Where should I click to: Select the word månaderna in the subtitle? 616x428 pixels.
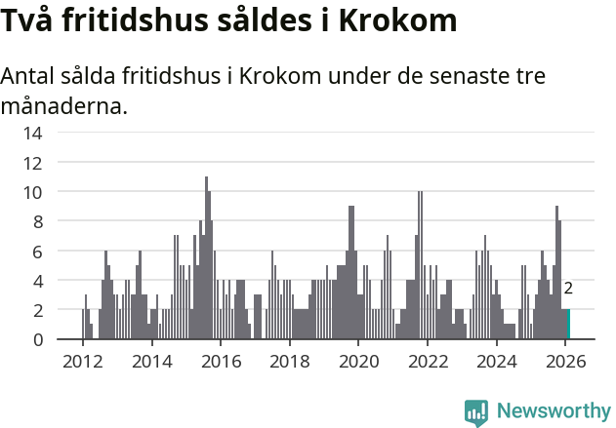(64, 105)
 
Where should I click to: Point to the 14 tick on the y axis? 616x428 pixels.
(32, 133)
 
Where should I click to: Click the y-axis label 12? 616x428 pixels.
(32, 163)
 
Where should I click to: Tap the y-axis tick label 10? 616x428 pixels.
(32, 192)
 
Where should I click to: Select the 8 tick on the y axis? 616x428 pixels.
(37, 221)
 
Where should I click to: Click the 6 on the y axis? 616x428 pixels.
(37, 252)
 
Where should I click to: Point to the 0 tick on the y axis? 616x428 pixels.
(37, 340)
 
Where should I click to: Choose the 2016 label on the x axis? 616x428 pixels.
(221, 362)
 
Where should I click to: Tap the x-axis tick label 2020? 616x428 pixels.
(358, 362)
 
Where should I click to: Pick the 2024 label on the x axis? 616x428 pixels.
(497, 362)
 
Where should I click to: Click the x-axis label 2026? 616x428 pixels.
(566, 362)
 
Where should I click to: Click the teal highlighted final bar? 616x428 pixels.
(568, 325)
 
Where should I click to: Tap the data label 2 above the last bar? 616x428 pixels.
(568, 289)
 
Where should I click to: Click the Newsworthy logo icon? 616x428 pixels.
(476, 410)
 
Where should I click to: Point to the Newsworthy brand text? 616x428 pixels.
(553, 410)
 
